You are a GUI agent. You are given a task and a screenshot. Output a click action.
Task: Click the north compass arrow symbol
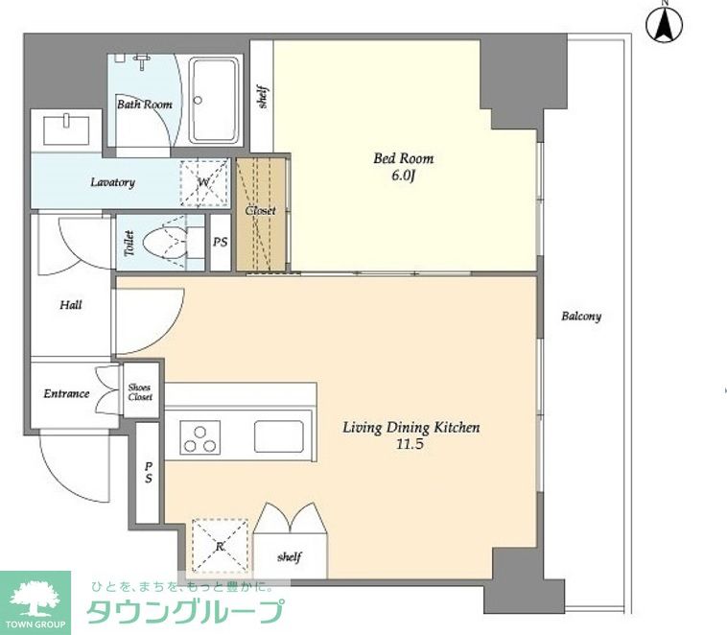pyautogui.click(x=664, y=23)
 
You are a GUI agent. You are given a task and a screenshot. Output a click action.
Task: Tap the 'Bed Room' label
pyautogui.click(x=404, y=158)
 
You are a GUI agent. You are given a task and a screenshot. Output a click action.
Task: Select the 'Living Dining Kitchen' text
pyautogui.click(x=410, y=427)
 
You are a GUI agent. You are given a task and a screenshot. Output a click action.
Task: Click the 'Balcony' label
pyautogui.click(x=581, y=317)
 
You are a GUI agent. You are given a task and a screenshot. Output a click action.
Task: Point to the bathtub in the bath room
pyautogui.click(x=215, y=100)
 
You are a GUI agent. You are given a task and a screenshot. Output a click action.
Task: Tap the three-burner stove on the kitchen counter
pyautogui.click(x=199, y=437)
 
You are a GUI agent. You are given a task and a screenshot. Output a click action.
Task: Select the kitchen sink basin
pyautogui.click(x=279, y=436)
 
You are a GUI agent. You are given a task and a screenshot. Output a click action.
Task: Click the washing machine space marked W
pyautogui.click(x=204, y=182)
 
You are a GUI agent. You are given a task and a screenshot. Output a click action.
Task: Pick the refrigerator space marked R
pyautogui.click(x=220, y=546)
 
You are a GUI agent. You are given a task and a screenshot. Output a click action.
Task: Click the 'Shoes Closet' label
pyautogui.click(x=140, y=392)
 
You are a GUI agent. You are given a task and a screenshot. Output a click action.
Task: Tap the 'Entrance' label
pyautogui.click(x=66, y=394)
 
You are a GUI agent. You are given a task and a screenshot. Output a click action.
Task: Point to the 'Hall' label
pyautogui.click(x=71, y=305)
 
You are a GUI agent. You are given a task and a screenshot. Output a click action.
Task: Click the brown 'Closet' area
pyautogui.click(x=261, y=214)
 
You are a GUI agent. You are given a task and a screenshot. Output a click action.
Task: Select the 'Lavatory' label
pyautogui.click(x=112, y=182)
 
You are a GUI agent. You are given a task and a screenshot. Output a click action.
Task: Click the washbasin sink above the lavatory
pyautogui.click(x=66, y=129)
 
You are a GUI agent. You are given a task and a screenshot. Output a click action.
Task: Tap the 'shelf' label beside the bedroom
pyautogui.click(x=263, y=97)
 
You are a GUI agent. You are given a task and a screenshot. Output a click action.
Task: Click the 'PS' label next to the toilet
pyautogui.click(x=221, y=242)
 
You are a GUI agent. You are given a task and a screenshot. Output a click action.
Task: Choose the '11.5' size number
pyautogui.click(x=410, y=444)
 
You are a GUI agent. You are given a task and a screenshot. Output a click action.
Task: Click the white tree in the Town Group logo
pyautogui.click(x=35, y=600)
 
